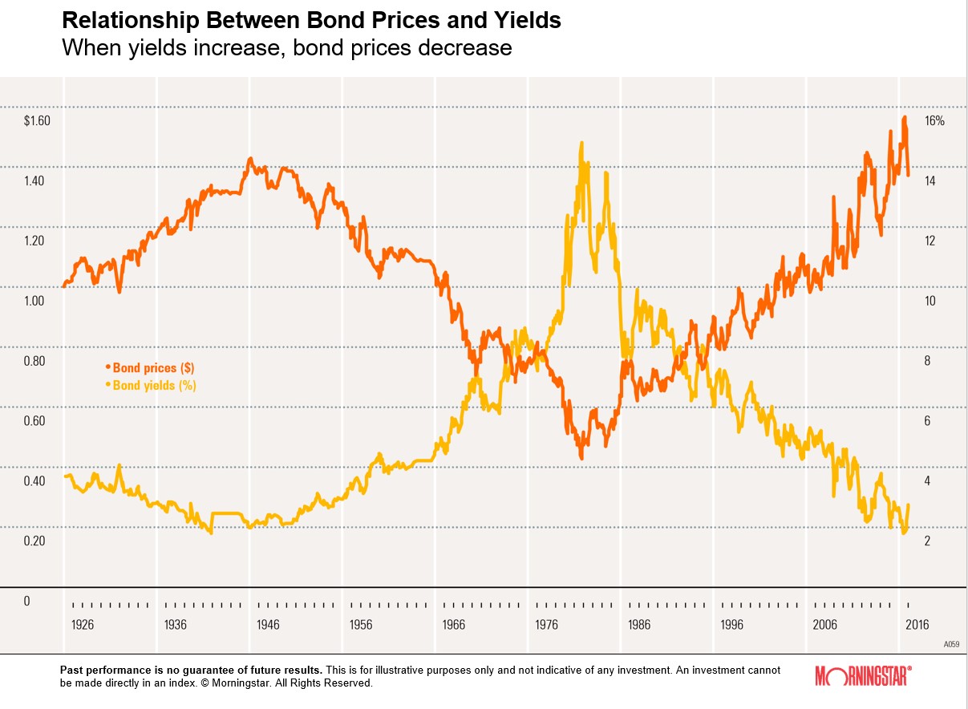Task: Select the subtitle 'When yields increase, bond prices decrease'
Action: pyautogui.click(x=286, y=48)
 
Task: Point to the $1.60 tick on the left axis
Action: pyautogui.click(x=37, y=121)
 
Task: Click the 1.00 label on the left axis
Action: pyautogui.click(x=34, y=301)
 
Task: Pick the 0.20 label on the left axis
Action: pyautogui.click(x=34, y=541)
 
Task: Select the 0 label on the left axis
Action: pyautogui.click(x=26, y=601)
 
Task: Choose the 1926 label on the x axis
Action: pyautogui.click(x=82, y=625)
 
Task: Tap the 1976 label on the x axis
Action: pyautogui.click(x=547, y=625)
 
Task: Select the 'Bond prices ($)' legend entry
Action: pyautogui.click(x=153, y=368)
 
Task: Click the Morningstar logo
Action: pyautogui.click(x=862, y=675)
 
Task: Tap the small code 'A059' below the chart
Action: pyautogui.click(x=950, y=644)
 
